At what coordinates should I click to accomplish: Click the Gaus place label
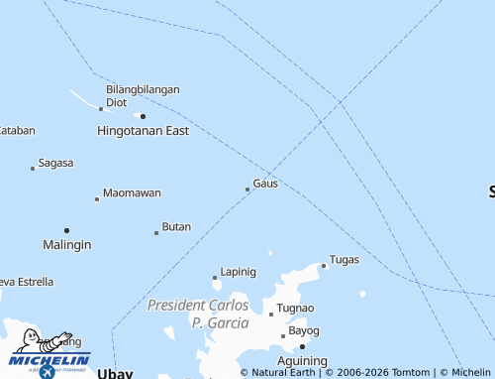(265, 184)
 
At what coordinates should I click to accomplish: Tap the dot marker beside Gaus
(247, 189)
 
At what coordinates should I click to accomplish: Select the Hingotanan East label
(143, 131)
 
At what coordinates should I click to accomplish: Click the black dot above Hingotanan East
(143, 116)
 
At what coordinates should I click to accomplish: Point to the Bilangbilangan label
(143, 89)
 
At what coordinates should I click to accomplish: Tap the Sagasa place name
(55, 163)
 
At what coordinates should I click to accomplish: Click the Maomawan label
(132, 193)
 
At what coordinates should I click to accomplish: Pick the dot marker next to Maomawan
(96, 198)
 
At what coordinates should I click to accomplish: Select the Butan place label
(176, 227)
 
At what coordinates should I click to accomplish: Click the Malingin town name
(67, 245)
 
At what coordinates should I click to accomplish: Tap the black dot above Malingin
(66, 230)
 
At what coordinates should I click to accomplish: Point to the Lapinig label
(238, 272)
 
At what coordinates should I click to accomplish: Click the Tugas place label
(344, 260)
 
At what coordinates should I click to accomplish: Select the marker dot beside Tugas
(324, 265)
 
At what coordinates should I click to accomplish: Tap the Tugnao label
(295, 309)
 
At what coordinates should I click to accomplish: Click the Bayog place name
(304, 330)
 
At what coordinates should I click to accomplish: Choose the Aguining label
(301, 361)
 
